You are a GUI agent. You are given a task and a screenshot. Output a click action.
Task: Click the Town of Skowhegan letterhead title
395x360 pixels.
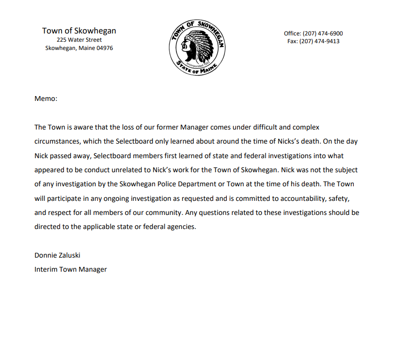coord(79,31)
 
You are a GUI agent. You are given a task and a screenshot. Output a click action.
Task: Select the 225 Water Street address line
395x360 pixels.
coord(79,40)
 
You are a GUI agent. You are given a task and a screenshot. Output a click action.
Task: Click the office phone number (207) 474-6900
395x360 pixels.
coord(323,33)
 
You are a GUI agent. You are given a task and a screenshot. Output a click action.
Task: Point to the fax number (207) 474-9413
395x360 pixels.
coord(319,41)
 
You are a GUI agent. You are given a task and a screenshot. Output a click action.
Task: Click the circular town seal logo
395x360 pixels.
coord(197,48)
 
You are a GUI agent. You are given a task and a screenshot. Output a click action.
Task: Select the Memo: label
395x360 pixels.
coord(46,98)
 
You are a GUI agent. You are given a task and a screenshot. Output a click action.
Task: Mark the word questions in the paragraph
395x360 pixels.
coord(205,213)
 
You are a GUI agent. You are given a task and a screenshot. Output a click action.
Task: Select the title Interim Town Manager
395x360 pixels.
coord(70,269)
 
